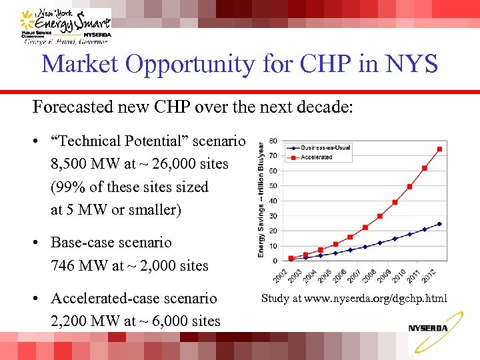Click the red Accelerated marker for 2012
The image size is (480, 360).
(439, 149)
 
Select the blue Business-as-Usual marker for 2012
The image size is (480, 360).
(439, 224)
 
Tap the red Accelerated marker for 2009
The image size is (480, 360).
(395, 202)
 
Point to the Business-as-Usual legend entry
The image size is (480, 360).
(321, 147)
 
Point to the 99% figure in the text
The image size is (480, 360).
(67, 187)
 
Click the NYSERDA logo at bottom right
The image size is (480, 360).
(428, 328)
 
